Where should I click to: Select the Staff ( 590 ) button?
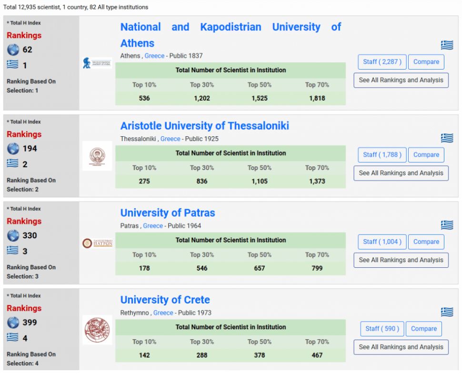click(x=382, y=329)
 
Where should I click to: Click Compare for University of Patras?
click(x=426, y=242)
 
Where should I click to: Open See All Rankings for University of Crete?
click(x=401, y=347)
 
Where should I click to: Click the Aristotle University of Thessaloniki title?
click(x=204, y=126)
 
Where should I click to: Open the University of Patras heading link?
click(x=167, y=212)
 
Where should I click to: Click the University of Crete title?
click(x=165, y=300)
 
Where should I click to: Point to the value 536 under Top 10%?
click(x=144, y=99)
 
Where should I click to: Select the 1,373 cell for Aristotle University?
click(x=317, y=181)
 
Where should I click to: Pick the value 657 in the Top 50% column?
click(x=259, y=268)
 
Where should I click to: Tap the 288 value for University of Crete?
click(x=202, y=355)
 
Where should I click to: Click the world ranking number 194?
click(x=30, y=149)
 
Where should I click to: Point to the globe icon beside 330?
click(x=13, y=236)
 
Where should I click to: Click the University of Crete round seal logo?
click(x=97, y=330)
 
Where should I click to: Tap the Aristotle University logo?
click(x=97, y=156)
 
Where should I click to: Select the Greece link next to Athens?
click(x=154, y=56)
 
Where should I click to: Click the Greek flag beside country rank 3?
click(x=13, y=251)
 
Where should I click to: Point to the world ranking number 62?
click(x=28, y=50)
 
